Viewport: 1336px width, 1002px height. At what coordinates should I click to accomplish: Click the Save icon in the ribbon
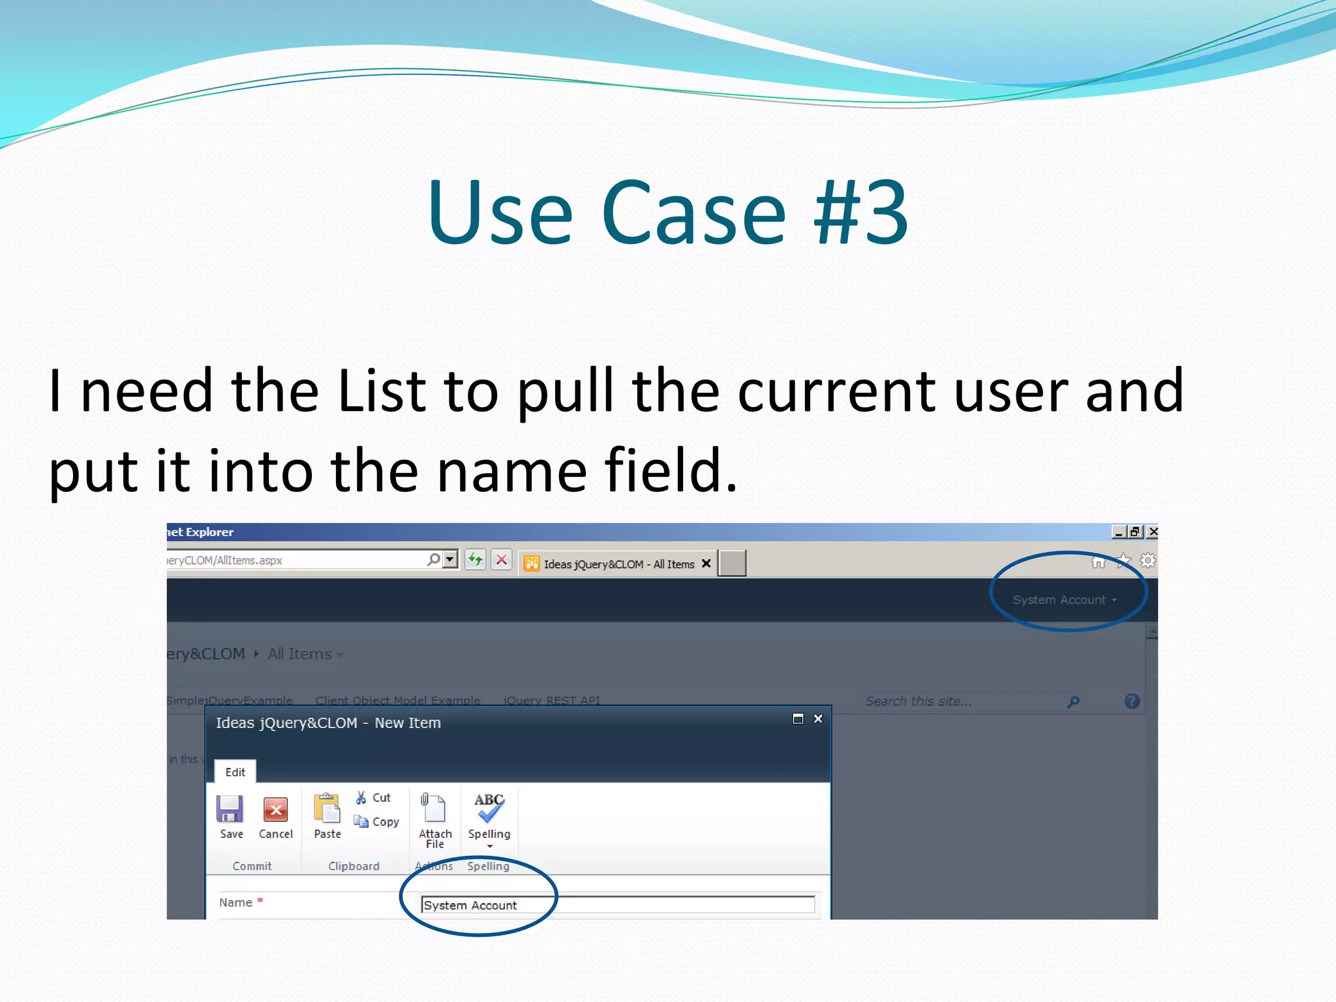[230, 810]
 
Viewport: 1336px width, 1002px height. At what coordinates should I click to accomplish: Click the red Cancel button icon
[275, 810]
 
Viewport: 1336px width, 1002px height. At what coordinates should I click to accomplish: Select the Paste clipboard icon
[327, 808]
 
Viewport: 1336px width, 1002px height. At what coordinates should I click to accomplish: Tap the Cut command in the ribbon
[374, 798]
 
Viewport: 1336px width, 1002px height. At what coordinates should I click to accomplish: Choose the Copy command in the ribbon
[376, 822]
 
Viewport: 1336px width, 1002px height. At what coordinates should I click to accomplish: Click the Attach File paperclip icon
[433, 808]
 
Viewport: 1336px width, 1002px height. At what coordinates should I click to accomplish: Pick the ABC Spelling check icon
[489, 808]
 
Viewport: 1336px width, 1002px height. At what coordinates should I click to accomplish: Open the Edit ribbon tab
[235, 772]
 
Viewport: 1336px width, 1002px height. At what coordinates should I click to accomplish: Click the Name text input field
[617, 905]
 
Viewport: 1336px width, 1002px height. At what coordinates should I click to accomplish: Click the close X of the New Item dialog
[818, 719]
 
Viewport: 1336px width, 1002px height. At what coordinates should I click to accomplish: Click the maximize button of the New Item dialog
[798, 719]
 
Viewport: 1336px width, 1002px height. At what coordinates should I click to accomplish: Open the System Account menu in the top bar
[1064, 600]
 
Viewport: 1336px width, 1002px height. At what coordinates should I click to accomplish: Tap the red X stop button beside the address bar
[502, 560]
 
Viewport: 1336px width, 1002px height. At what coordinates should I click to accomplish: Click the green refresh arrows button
[476, 560]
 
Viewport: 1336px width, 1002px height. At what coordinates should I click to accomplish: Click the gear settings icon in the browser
[1147, 560]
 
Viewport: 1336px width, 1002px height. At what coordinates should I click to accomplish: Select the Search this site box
[959, 701]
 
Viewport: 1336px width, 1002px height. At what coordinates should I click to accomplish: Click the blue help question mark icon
[1132, 701]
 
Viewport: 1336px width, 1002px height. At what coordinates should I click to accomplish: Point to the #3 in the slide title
[860, 213]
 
